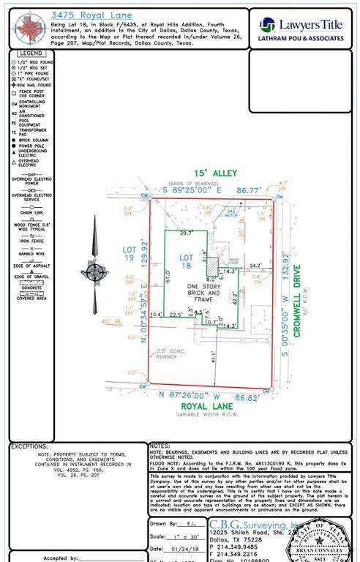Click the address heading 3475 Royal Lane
89,13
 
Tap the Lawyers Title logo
301,29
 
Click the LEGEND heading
31,53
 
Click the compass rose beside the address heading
29,26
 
